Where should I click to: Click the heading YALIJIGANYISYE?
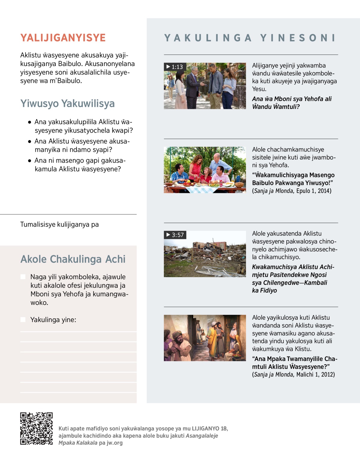tap(63, 38)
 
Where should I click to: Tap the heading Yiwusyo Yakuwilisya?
tap(67, 104)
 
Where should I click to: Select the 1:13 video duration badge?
tap(175, 67)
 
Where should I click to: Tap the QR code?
tap(36, 428)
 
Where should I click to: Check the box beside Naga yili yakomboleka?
tap(23, 277)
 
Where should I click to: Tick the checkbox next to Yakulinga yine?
tap(23, 320)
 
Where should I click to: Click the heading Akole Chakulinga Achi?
tap(73, 259)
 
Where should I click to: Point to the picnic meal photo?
tap(205, 170)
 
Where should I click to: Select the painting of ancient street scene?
tap(205, 338)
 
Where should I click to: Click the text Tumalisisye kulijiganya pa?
tap(59, 224)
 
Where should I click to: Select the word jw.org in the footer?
tap(115, 443)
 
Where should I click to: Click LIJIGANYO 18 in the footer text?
tap(209, 428)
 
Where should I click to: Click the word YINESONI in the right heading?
tap(298, 38)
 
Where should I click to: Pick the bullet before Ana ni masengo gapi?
tap(29, 161)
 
